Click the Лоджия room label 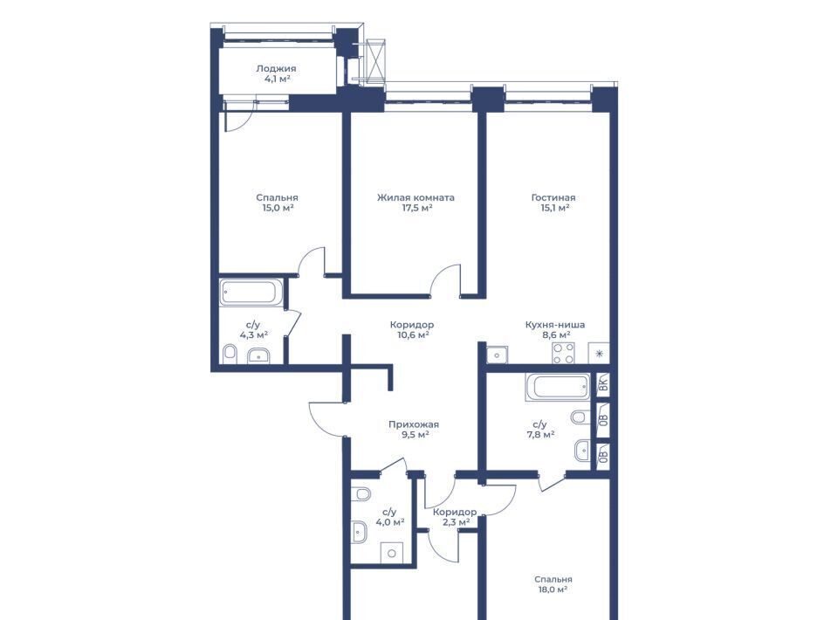(x=276, y=68)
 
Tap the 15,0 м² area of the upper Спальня (x=278, y=208)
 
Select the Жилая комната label (x=416, y=197)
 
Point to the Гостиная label (x=553, y=197)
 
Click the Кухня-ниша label (x=555, y=325)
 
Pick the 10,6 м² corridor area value (x=413, y=335)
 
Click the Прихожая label (x=414, y=425)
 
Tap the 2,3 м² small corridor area (x=456, y=522)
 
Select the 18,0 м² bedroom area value (x=553, y=589)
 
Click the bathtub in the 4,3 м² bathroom (x=251, y=293)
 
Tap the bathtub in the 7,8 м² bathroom (x=558, y=387)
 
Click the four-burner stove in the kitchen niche (x=563, y=354)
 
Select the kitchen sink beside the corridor (x=497, y=355)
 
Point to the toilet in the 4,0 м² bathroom (x=361, y=493)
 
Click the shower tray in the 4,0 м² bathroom (x=391, y=553)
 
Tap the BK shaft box (x=603, y=383)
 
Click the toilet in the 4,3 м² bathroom (x=230, y=354)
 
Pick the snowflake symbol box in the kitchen (x=599, y=354)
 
